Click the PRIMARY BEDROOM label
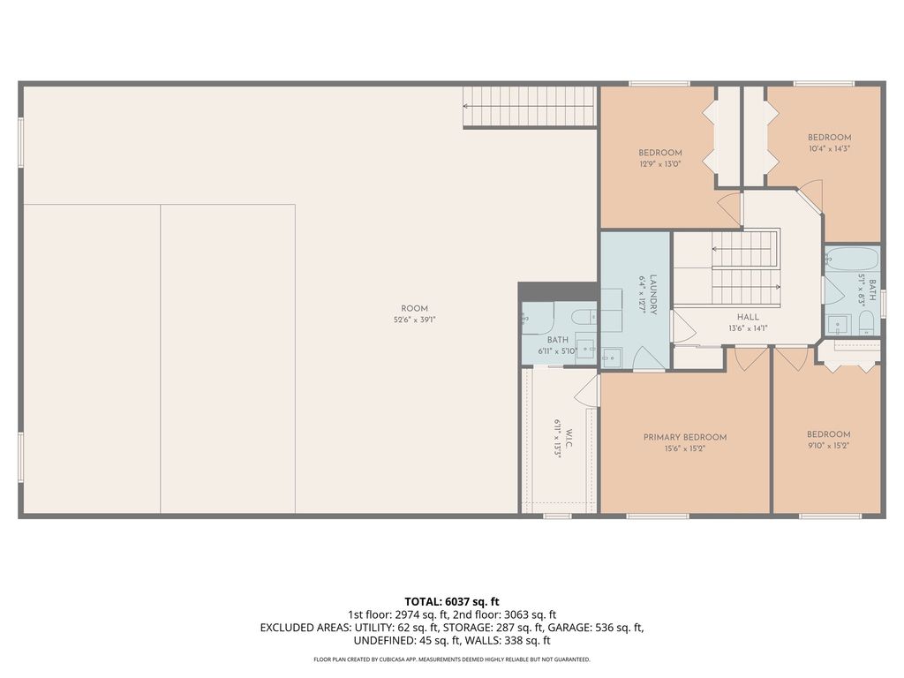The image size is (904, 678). (684, 437)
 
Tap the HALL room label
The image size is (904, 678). (748, 317)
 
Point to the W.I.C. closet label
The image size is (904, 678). (569, 439)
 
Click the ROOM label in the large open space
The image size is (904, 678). (414, 309)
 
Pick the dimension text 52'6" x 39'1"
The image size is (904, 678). (414, 320)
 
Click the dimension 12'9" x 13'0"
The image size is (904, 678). (659, 164)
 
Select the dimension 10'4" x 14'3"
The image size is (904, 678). (829, 148)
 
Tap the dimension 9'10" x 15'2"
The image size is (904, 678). (828, 446)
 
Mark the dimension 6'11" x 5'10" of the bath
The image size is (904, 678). (557, 351)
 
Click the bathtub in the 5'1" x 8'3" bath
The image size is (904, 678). (852, 260)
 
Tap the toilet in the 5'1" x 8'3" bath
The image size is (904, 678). (865, 320)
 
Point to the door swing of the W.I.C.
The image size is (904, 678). (586, 393)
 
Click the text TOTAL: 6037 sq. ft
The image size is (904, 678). (452, 601)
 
